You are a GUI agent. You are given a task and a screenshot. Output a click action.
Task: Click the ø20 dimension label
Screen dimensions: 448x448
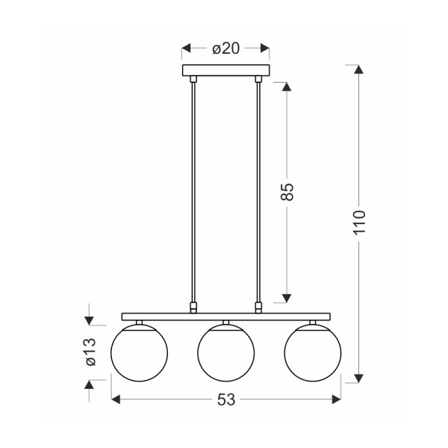click(225, 49)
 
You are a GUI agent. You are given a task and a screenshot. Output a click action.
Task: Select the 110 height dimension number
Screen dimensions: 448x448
click(360, 223)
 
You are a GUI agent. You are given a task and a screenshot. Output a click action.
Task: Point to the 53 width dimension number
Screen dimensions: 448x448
click(226, 401)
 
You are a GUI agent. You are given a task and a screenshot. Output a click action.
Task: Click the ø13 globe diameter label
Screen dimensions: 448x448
click(90, 352)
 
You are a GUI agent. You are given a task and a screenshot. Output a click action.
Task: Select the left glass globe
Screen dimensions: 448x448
click(139, 352)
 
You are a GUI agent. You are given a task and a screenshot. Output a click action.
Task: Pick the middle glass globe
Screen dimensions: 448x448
click(225, 352)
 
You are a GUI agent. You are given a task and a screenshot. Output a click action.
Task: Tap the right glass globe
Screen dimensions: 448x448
click(312, 352)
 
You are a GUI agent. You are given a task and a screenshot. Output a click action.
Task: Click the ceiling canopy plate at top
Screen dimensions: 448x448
click(225, 70)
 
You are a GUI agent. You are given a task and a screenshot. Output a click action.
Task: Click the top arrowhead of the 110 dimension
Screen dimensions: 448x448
click(360, 69)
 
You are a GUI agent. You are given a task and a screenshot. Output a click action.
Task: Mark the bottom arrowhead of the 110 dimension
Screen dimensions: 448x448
click(360, 377)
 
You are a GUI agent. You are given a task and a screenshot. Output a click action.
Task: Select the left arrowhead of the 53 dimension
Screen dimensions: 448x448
click(116, 401)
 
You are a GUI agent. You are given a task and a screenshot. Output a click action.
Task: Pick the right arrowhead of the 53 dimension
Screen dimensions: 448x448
click(336, 401)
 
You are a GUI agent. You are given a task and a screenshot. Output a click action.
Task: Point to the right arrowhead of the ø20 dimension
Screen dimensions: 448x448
click(264, 49)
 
